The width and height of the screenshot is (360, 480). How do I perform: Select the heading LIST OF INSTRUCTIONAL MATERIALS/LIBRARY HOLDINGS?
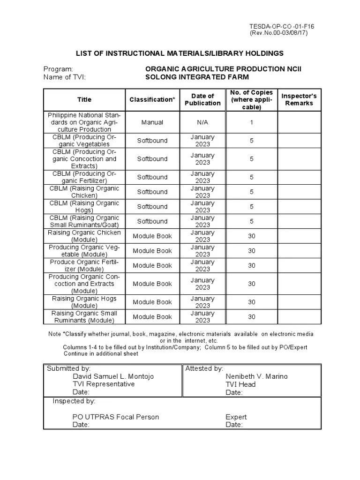(180, 53)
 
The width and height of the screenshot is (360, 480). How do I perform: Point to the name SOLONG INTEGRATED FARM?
(197, 77)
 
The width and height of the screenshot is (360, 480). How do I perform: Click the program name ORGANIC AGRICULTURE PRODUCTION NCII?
(223, 69)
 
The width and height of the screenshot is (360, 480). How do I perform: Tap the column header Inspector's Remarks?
(299, 99)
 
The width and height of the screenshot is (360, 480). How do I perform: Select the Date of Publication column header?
(202, 99)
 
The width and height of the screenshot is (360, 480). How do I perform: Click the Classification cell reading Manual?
(152, 122)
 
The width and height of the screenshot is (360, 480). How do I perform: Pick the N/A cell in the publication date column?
(202, 122)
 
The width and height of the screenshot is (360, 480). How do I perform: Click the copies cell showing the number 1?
(252, 122)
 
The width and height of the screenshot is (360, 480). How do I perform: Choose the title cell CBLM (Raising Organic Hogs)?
(84, 207)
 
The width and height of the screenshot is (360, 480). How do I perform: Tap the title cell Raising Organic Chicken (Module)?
(84, 236)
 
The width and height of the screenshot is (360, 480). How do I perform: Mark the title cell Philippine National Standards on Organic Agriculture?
(84, 122)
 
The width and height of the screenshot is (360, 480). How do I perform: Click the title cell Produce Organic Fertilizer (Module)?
(84, 265)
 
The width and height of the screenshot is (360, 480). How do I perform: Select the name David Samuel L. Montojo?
(113, 376)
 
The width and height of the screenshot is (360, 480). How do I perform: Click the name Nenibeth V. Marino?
(256, 376)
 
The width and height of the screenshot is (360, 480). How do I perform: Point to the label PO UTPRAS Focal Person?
(115, 417)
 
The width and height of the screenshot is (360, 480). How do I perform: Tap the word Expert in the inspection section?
(236, 417)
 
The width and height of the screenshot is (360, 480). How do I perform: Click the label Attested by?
(204, 368)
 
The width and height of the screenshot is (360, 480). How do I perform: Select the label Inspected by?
(74, 401)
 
